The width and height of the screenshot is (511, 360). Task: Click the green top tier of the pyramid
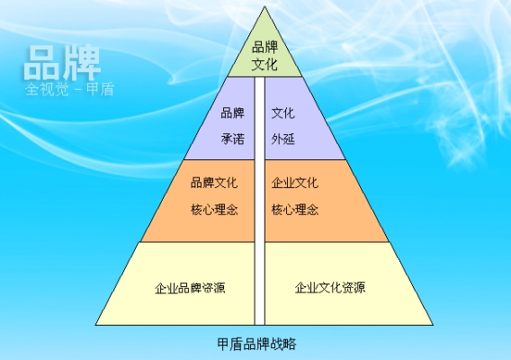264,52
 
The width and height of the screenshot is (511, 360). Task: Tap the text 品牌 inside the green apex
264,48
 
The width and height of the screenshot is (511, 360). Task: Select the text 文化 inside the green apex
264,64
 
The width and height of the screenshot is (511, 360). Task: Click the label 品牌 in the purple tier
233,113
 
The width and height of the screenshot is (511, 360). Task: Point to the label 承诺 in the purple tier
233,139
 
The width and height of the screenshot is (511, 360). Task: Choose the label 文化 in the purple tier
282,113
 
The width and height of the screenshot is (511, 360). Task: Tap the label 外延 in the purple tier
282,139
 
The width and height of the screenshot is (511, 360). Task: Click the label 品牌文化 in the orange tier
214,183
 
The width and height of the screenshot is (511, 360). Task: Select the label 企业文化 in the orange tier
294,183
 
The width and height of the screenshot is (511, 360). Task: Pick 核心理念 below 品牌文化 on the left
214,210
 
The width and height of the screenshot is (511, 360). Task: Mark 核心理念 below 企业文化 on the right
294,210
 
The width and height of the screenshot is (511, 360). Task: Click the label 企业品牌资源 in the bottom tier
190,288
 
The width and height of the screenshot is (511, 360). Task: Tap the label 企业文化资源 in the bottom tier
330,287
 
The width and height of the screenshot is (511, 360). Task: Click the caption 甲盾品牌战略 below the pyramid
256,344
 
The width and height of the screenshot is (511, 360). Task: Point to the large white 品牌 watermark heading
62,63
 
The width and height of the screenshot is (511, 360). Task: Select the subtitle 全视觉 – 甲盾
69,89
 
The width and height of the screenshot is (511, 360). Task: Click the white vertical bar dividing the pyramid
260,201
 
